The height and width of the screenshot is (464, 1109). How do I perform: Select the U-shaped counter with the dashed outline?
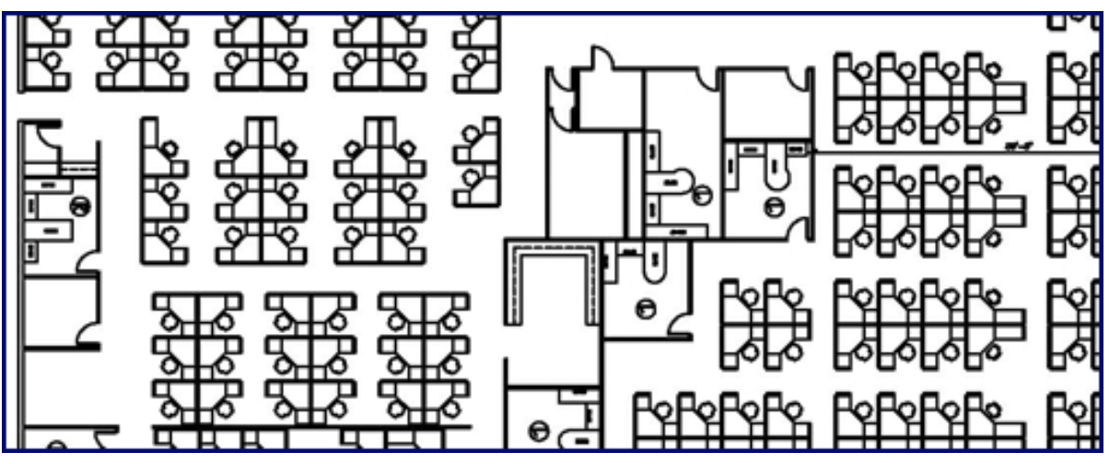(x=551, y=276)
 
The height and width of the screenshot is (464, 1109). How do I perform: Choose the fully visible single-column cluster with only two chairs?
(x=477, y=165)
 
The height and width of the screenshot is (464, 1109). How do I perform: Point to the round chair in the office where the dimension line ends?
(x=775, y=209)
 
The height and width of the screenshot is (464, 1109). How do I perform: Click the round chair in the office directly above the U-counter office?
(x=703, y=193)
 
